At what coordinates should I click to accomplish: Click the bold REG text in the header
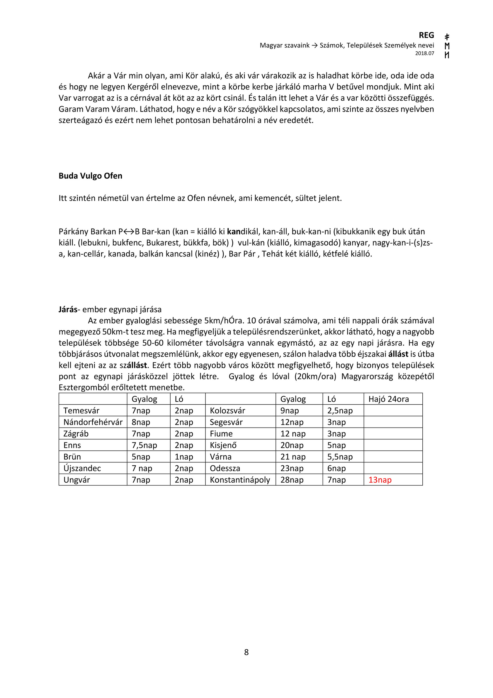pos(426,35)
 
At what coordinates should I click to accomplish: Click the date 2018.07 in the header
pos(425,53)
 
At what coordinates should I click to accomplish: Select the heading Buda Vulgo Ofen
pos(90,176)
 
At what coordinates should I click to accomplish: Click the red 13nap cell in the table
pos(380,480)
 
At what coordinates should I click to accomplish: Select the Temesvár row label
pos(81,411)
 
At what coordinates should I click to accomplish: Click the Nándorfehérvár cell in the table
pos(93,422)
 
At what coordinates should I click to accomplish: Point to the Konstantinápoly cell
pos(240,480)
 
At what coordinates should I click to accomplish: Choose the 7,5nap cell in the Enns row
pos(144,445)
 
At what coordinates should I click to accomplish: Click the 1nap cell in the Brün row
pos(184,457)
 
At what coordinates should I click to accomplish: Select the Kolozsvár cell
pos(227,411)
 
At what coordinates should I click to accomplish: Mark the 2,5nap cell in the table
pos(340,411)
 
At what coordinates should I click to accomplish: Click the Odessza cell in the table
pos(225,469)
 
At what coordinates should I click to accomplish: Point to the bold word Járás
pos(68,310)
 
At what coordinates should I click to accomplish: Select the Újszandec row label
pos(82,469)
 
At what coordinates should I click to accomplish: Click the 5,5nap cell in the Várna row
pos(340,457)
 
